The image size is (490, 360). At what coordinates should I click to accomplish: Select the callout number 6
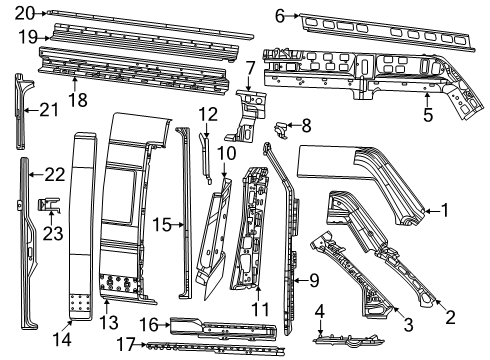click(280, 14)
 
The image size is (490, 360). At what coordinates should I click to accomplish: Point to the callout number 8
click(306, 126)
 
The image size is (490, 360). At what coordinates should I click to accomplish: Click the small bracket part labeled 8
click(281, 126)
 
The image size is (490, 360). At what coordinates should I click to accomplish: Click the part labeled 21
click(22, 110)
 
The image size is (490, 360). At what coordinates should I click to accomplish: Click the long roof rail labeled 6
click(380, 24)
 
